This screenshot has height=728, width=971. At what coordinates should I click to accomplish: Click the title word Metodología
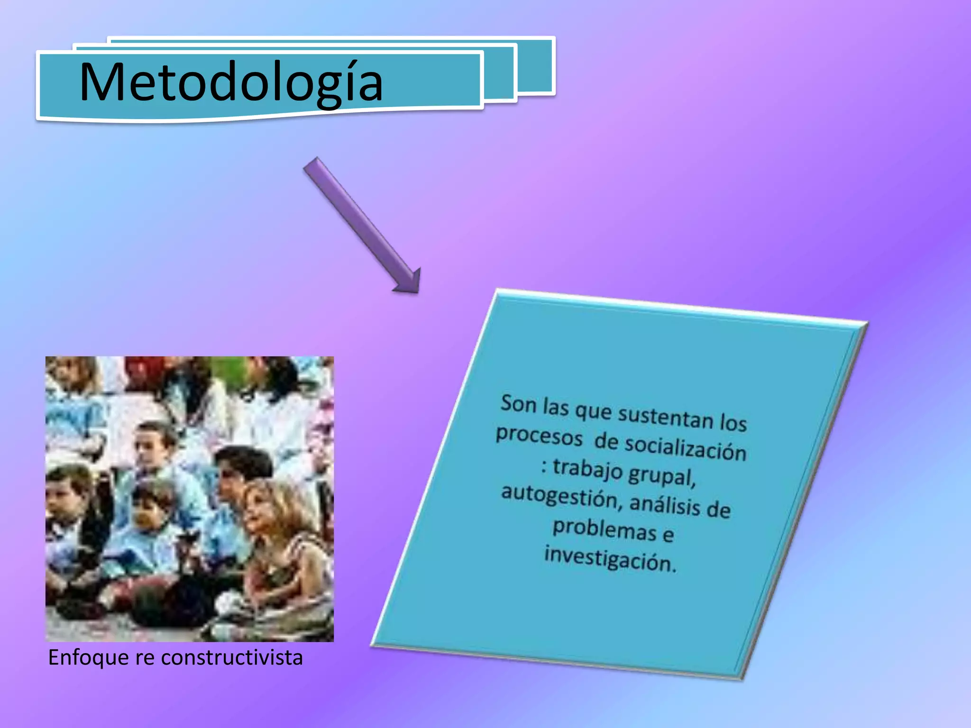point(231,82)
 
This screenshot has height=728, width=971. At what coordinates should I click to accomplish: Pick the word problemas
point(605,529)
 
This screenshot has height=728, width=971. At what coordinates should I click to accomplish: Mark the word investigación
point(610,559)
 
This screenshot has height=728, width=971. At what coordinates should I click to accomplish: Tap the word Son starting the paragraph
point(519,404)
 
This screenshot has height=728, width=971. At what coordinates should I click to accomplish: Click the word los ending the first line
point(733,422)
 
